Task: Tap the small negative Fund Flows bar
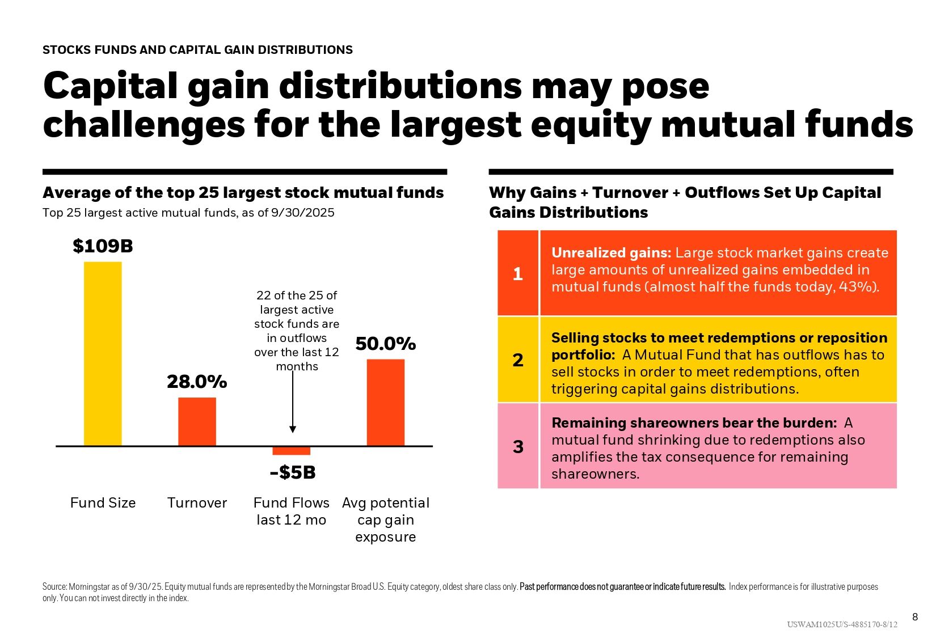pos(292,451)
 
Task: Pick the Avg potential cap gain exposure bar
pos(386,402)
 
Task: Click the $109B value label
pos(103,246)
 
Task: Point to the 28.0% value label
pos(197,382)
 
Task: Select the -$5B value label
pos(293,472)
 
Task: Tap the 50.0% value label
pos(386,344)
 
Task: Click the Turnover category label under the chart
pos(197,503)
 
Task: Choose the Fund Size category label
pos(103,503)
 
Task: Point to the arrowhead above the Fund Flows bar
pos(293,429)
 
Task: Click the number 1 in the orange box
pos(518,274)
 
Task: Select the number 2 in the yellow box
pos(518,360)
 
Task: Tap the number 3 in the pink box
pos(518,447)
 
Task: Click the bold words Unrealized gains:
pos(611,253)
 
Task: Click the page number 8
pos(914,617)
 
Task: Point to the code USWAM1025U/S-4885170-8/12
pos(842,625)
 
